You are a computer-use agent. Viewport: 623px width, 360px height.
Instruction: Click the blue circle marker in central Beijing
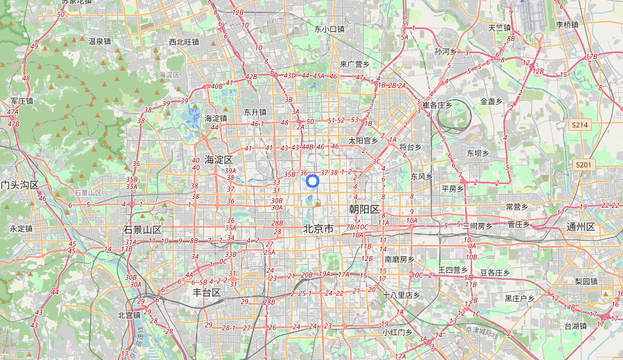(x=312, y=181)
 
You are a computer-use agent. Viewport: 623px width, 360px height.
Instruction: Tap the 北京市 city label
(x=318, y=228)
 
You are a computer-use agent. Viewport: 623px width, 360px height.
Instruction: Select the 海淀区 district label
(x=219, y=160)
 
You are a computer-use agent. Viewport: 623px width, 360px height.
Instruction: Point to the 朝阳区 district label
(x=365, y=209)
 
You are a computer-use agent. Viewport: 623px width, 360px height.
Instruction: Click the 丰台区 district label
(x=206, y=292)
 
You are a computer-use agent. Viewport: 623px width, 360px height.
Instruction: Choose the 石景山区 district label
(x=143, y=229)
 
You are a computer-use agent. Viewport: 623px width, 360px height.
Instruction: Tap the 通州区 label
(x=581, y=227)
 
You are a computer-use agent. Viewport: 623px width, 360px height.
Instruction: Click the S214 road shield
(x=580, y=125)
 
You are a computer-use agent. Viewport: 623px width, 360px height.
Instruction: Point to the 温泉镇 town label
(x=100, y=41)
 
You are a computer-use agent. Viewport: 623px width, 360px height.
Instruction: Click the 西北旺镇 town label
(x=184, y=42)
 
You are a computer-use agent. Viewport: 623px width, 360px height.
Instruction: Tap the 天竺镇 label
(x=499, y=28)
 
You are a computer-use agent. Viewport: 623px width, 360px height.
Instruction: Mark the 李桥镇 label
(x=567, y=24)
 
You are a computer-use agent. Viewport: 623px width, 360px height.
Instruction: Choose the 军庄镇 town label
(x=21, y=100)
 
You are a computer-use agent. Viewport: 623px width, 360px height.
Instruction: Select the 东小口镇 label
(x=329, y=29)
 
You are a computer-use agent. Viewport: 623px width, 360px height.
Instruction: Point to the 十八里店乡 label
(x=402, y=295)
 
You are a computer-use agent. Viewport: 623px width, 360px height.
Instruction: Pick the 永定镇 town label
(x=21, y=228)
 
